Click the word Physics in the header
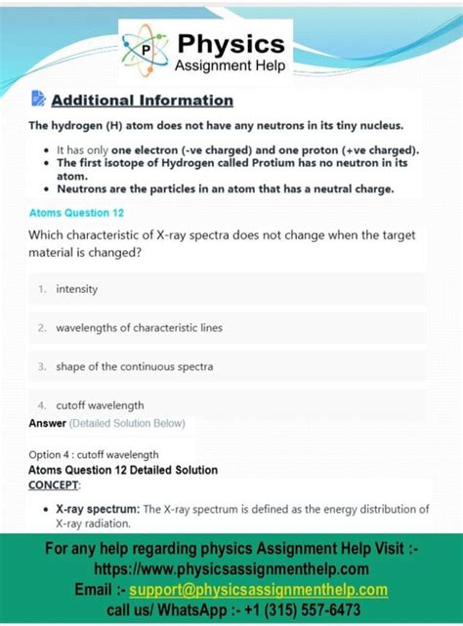tap(231, 43)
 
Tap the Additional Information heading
tap(142, 100)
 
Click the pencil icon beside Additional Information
tap(39, 99)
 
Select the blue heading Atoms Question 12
tap(76, 212)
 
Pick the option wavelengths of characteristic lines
tap(140, 328)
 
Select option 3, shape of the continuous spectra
tap(134, 366)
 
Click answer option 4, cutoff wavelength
tap(100, 404)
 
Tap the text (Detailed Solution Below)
tap(127, 423)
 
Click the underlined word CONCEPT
tap(55, 484)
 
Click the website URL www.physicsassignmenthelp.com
tap(231, 568)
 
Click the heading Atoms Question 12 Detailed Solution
tap(123, 470)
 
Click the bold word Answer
tap(48, 423)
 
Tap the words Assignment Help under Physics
tap(231, 65)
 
